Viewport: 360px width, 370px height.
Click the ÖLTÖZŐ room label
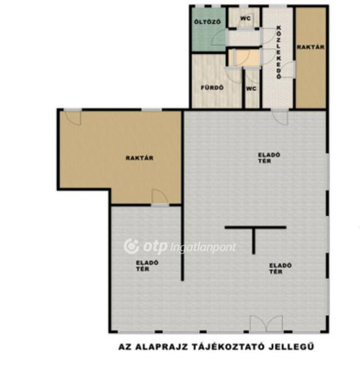(207, 22)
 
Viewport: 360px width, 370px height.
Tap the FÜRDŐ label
(212, 88)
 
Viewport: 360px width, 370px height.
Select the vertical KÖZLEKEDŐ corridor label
(279, 52)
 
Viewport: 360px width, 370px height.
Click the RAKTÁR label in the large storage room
(140, 158)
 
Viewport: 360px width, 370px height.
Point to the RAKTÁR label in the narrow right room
(311, 47)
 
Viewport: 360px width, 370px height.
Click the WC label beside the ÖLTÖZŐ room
(245, 18)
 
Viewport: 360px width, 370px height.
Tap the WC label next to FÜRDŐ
(251, 89)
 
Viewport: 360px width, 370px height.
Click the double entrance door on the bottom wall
(267, 324)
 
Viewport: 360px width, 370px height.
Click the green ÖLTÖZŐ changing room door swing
(218, 37)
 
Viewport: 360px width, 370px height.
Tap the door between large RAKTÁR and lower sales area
(160, 198)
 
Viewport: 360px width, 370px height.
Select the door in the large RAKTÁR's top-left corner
(73, 117)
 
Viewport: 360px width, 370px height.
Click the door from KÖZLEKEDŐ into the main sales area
(280, 117)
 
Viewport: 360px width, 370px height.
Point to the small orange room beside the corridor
(244, 58)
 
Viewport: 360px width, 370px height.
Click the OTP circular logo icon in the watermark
(132, 246)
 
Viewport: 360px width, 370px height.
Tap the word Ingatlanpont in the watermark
(203, 247)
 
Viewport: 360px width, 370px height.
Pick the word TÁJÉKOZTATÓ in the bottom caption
(227, 347)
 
